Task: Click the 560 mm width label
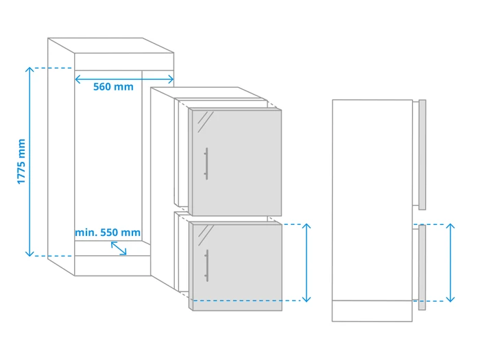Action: [113, 87]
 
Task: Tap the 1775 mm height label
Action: [21, 161]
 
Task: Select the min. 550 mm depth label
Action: [108, 232]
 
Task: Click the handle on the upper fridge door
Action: [206, 163]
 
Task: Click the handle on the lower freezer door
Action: [206, 265]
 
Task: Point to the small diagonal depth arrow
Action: [119, 248]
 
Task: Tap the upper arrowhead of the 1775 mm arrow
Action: [29, 70]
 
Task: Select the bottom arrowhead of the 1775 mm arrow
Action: [29, 253]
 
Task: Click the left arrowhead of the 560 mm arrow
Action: [77, 80]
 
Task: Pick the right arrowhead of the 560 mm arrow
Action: [171, 80]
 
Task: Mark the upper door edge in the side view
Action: [422, 154]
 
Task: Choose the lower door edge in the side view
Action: [422, 267]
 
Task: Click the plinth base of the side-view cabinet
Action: [372, 311]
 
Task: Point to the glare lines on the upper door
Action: [206, 121]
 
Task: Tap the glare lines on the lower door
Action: [206, 235]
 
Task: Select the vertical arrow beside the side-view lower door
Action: [451, 263]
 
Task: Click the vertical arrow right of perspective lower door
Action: [307, 263]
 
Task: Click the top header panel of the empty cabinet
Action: [124, 62]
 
